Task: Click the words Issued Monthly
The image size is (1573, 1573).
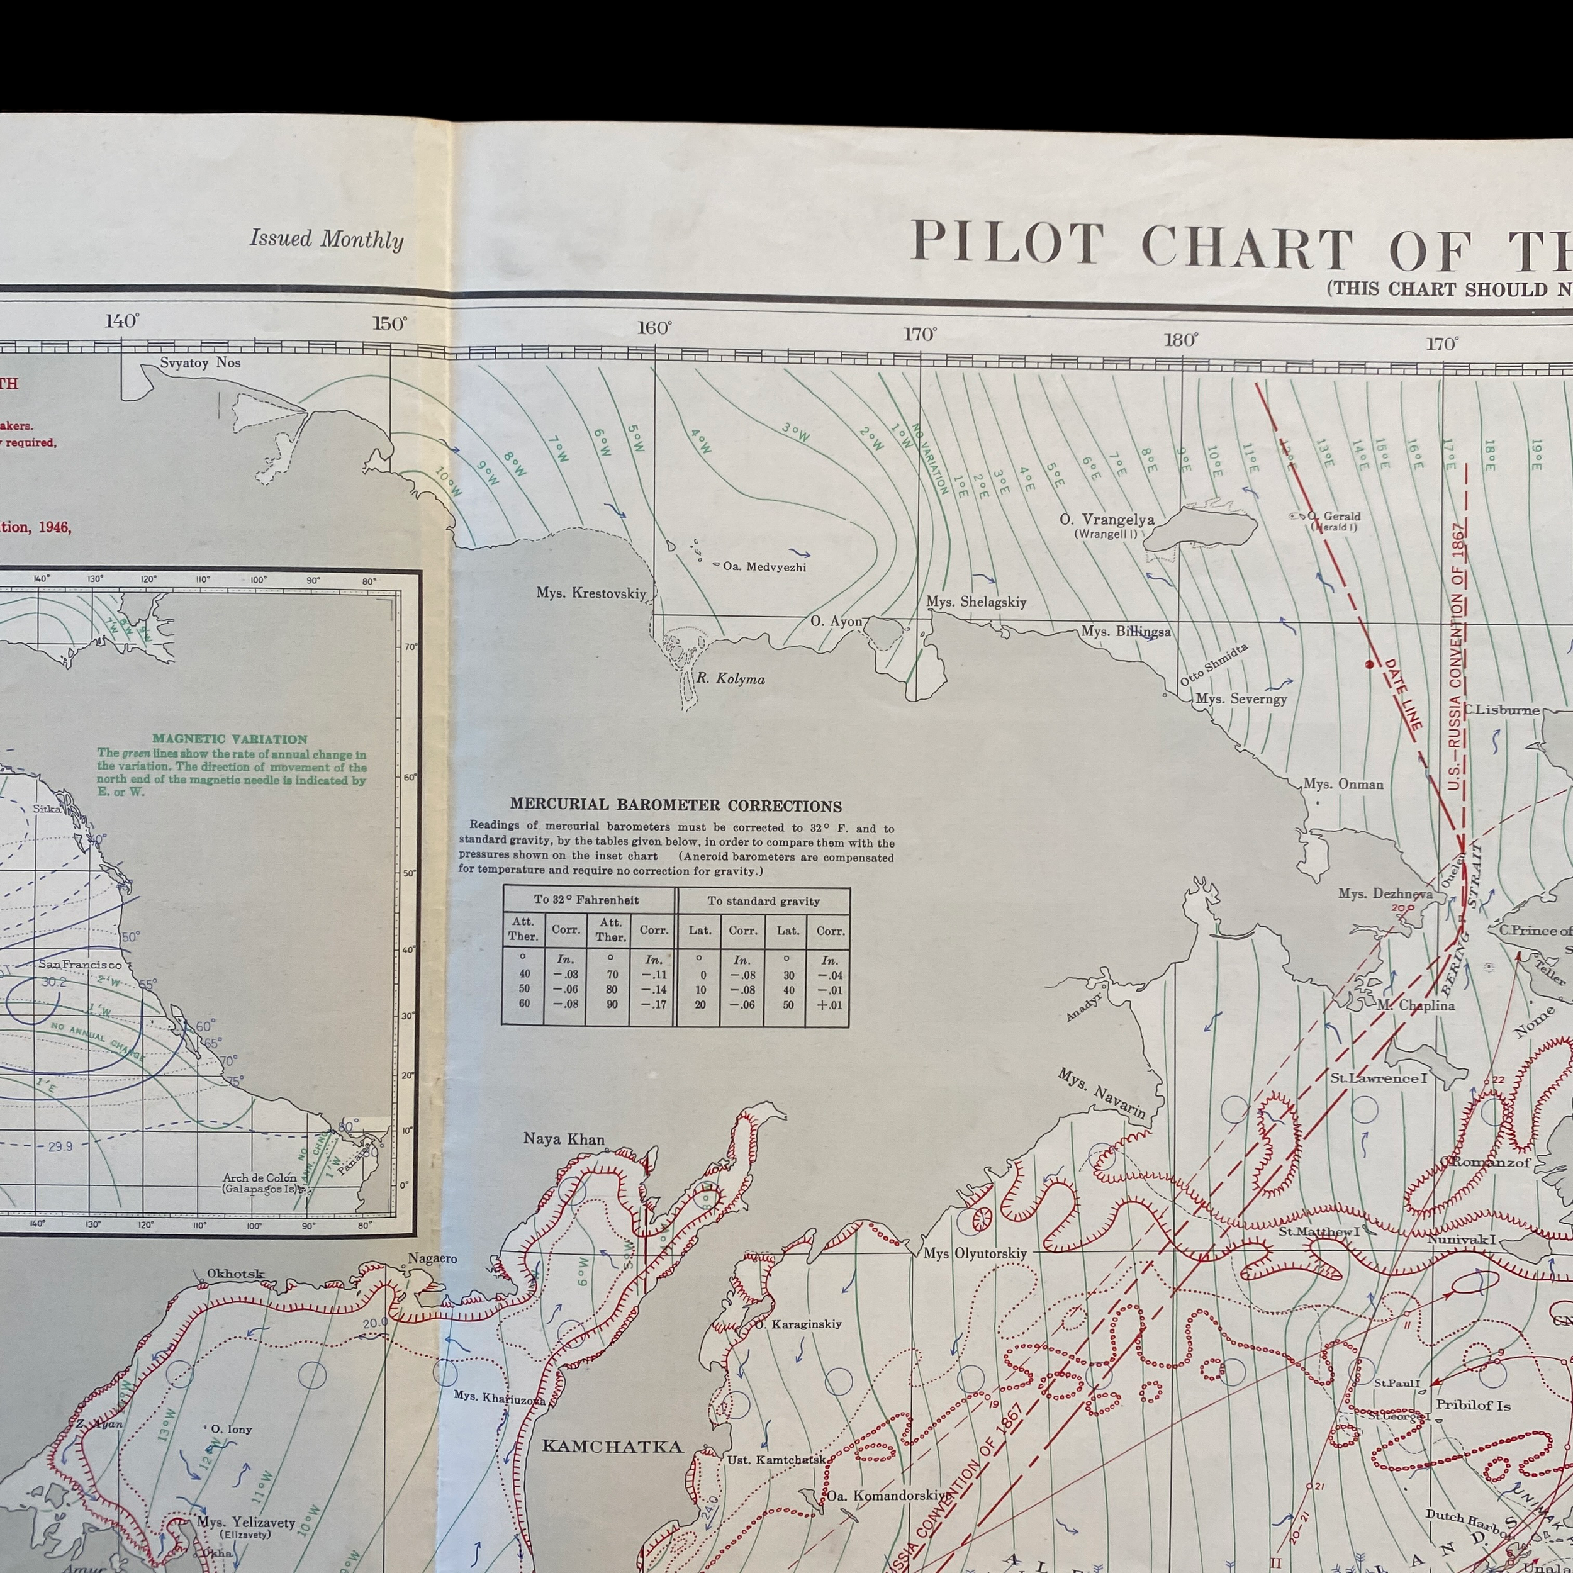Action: point(327,239)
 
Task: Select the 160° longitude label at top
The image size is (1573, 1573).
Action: point(654,328)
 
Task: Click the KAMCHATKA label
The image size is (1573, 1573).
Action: point(612,1446)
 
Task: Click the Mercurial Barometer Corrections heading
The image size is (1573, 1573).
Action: point(675,806)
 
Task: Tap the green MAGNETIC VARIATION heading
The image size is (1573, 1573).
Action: point(230,739)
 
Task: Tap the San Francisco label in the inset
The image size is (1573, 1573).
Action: point(80,964)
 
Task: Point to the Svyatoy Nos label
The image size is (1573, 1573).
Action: point(200,363)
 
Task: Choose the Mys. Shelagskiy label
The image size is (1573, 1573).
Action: point(975,602)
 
